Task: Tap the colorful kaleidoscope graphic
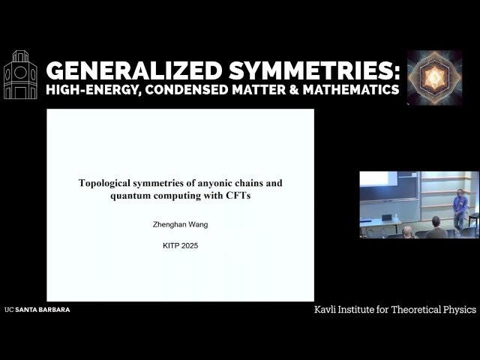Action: (434, 77)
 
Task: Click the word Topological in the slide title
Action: (108, 182)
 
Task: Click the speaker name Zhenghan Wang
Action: (180, 223)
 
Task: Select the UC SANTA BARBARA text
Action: (37, 309)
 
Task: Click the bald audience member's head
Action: (407, 231)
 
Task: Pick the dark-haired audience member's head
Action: (435, 223)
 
